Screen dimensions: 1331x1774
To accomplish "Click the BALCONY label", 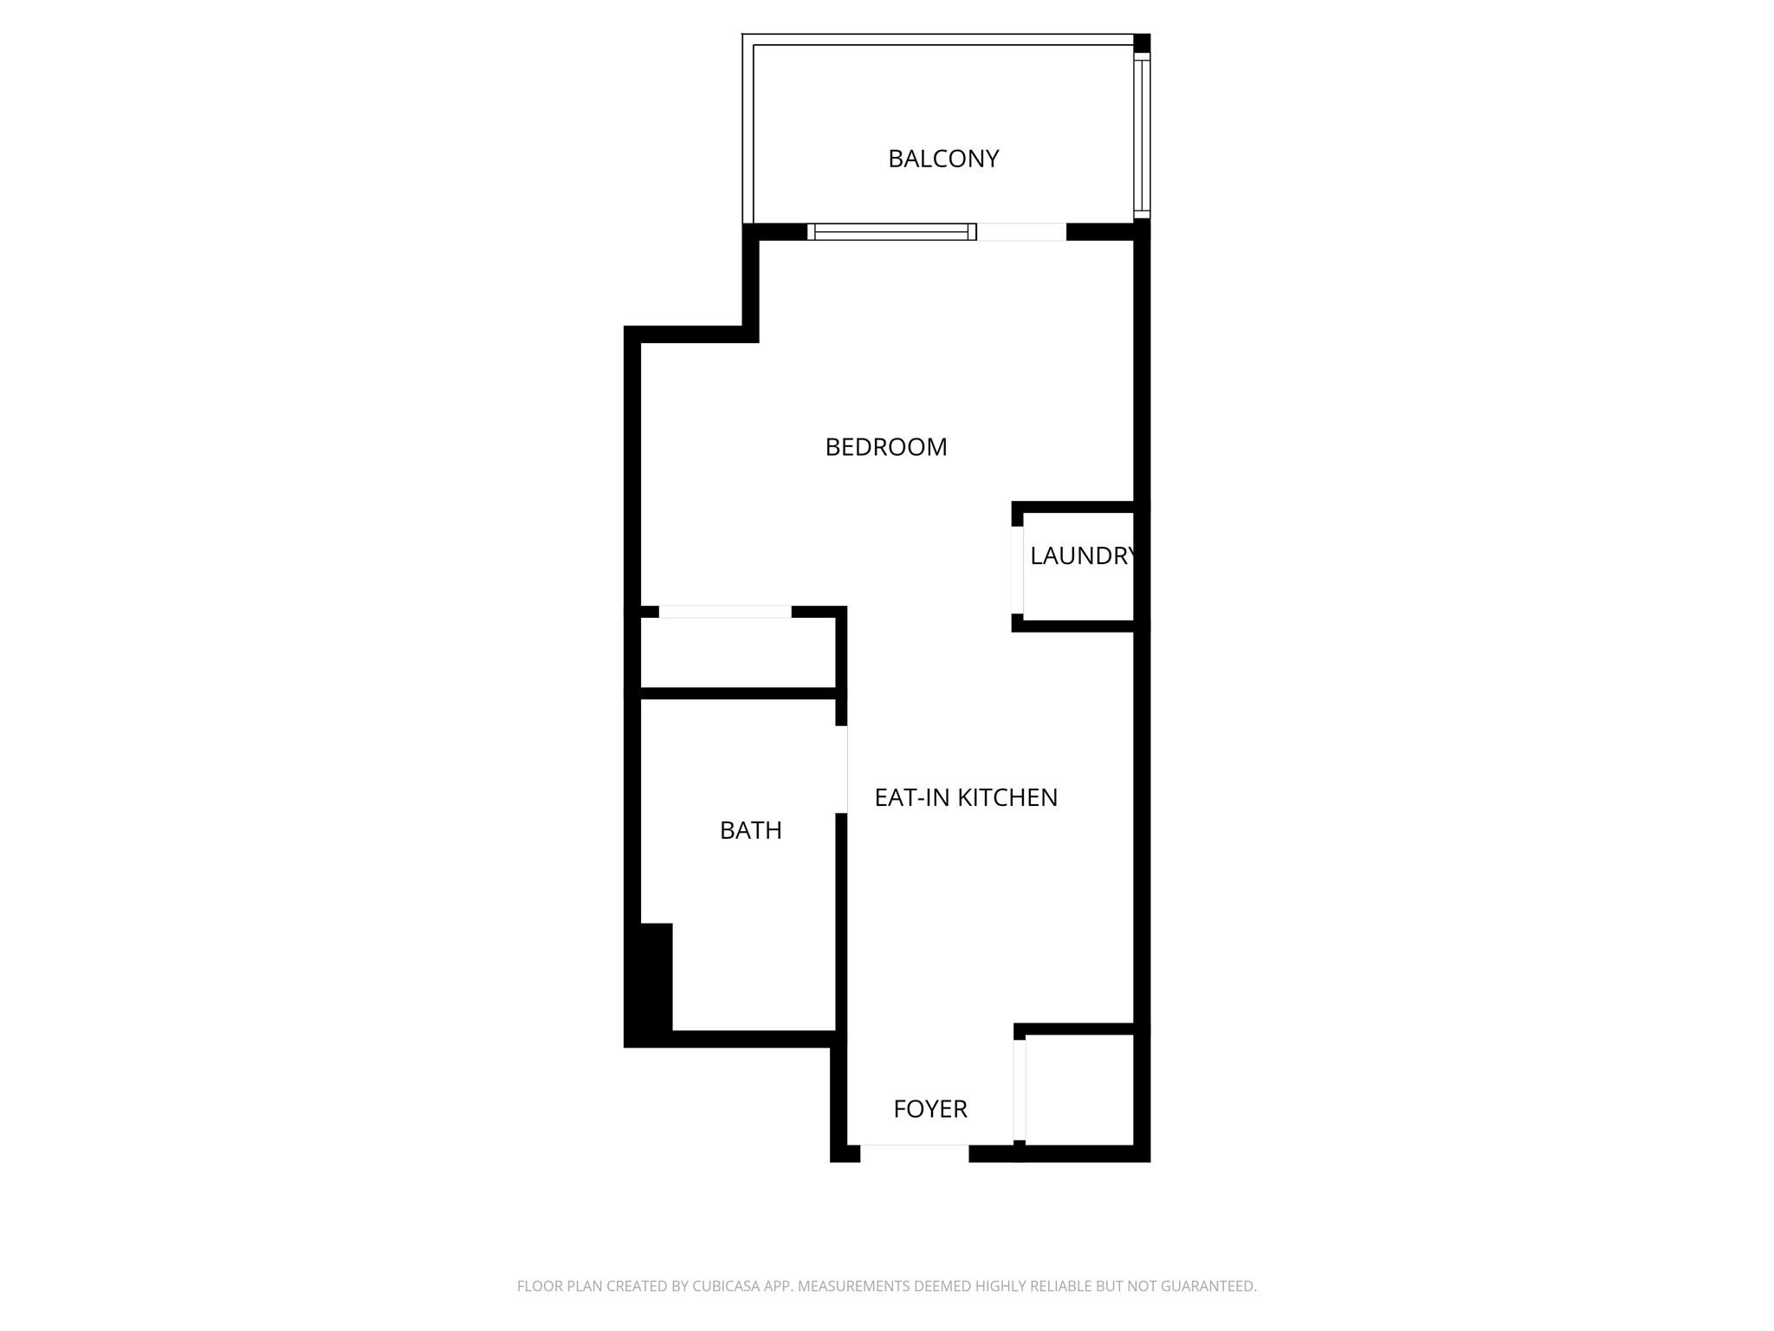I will pyautogui.click(x=943, y=159).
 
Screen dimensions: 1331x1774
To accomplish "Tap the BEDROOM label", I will pyautogui.click(x=885, y=447).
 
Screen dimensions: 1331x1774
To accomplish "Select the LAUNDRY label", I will pyautogui.click(x=1081, y=556).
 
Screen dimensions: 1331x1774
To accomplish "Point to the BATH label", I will pyautogui.click(x=750, y=830).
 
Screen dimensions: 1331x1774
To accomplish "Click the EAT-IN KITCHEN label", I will pyautogui.click(x=966, y=797).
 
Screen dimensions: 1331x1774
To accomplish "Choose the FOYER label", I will pyautogui.click(x=929, y=1109).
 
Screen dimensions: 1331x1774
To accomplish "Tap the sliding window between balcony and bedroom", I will pyautogui.click(x=891, y=231).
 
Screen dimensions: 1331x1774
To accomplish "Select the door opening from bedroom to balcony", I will pyautogui.click(x=1021, y=231).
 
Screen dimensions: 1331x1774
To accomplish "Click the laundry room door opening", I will pyautogui.click(x=1018, y=569).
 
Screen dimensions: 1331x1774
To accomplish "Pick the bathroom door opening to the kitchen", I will pyautogui.click(x=841, y=769).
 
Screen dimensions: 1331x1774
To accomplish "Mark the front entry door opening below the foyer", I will pyautogui.click(x=914, y=1152).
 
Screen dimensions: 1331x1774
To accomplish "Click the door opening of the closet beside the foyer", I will pyautogui.click(x=1020, y=1089).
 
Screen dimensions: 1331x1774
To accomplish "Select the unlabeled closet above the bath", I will pyautogui.click(x=737, y=653).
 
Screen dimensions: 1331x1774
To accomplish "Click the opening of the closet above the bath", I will pyautogui.click(x=725, y=612).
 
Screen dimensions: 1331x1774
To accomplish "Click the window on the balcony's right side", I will pyautogui.click(x=1143, y=134).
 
